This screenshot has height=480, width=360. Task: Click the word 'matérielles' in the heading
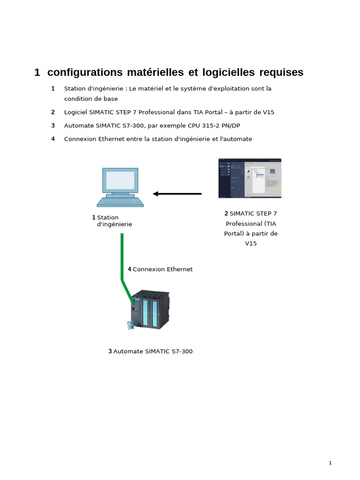pos(155,72)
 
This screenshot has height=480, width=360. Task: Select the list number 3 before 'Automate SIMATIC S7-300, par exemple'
pos(53,126)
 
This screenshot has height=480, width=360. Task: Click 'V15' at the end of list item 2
pos(269,112)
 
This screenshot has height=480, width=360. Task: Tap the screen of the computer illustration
pos(120,180)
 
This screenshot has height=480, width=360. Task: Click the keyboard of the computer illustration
pos(120,202)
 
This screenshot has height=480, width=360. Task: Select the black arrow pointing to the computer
pos(177,194)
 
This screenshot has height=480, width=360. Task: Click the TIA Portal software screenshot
pos(250,178)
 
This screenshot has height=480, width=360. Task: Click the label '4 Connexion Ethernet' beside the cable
pos(160,270)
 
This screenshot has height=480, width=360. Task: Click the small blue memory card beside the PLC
pos(131,325)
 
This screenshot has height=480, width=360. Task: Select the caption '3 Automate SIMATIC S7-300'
pos(150,352)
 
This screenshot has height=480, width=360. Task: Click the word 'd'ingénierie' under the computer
pos(114,225)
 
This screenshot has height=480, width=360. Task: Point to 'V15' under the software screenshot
pos(251,243)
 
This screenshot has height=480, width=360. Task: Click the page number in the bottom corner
pos(330,463)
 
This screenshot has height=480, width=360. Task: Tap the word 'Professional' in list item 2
pos(157,112)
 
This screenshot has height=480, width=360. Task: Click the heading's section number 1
pos(37,73)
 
